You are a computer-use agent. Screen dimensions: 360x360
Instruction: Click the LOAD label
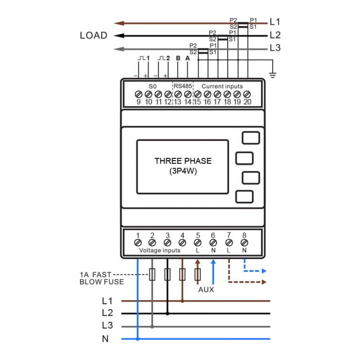pos(94,36)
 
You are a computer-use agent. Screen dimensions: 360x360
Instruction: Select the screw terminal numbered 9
pos(139,94)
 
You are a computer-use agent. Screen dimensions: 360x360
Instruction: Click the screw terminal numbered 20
pos(247,94)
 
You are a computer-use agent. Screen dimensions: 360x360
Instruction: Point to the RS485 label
pos(183,86)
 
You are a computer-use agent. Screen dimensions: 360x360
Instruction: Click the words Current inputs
pos(222,86)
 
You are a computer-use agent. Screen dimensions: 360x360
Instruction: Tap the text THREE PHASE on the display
pos(183,161)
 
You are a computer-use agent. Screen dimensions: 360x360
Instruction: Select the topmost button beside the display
pos(251,138)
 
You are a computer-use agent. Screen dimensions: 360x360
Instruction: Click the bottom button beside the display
pos(244,197)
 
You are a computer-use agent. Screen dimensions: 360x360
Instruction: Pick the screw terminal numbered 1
pos(138,243)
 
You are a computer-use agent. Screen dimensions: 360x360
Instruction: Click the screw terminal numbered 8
pos(244,243)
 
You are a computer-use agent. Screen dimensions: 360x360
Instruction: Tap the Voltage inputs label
pos(160,250)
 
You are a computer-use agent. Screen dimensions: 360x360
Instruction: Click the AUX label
pos(206,290)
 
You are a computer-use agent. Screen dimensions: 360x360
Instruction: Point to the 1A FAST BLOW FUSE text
pos(102,278)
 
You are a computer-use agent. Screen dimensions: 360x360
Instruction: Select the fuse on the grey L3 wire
pos(152,274)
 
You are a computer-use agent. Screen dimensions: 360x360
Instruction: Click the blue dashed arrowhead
pos(264,272)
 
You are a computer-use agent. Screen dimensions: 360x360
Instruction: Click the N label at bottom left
pos(105,339)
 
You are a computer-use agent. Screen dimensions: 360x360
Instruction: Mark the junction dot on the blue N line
pos(138,339)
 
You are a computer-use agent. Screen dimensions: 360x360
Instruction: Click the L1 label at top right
pos(275,22)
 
